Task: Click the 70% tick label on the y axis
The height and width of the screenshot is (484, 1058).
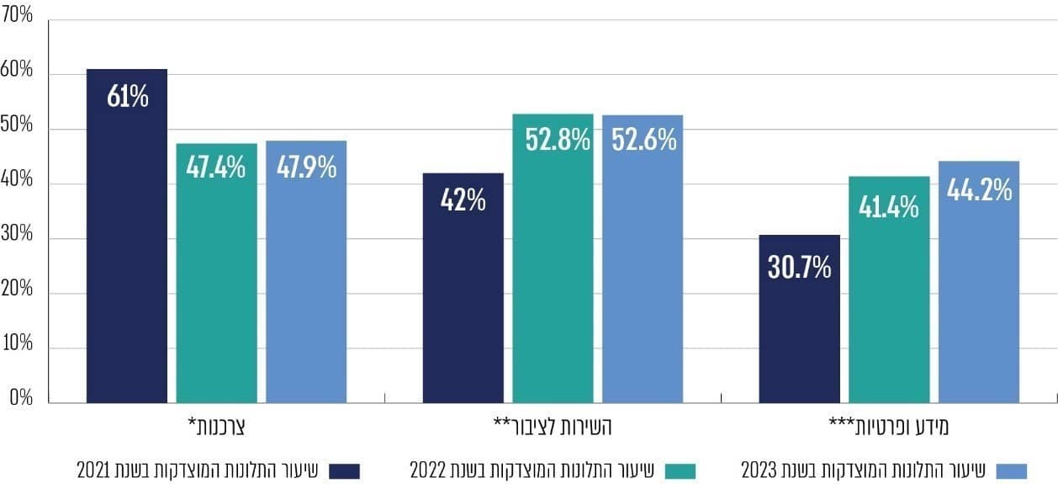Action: click(18, 16)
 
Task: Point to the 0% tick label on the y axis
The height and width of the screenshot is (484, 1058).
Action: click(21, 398)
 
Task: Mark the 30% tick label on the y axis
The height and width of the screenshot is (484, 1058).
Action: click(18, 235)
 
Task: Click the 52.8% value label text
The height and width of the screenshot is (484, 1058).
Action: click(558, 139)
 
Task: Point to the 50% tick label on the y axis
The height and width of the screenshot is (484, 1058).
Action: click(18, 125)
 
